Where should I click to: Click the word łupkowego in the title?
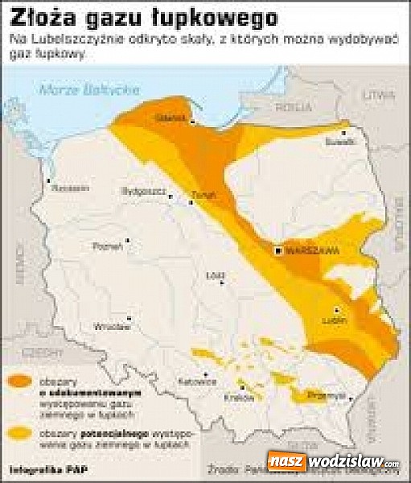point(173,16)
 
